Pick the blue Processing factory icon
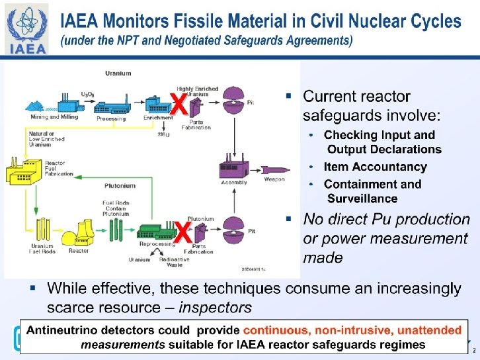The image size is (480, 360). coord(111,105)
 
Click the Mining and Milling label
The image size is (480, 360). coord(54,117)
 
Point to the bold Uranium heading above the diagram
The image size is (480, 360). coord(118,73)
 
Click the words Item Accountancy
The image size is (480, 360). coord(375,167)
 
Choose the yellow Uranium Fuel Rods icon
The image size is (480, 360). coord(42,231)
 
